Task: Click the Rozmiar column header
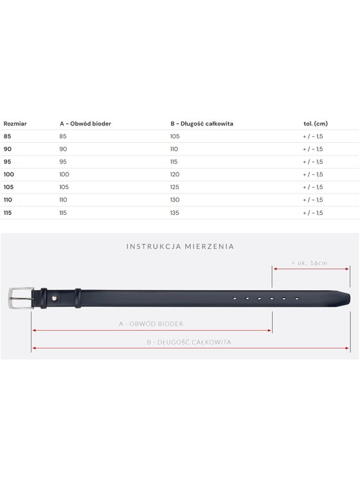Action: click(x=15, y=124)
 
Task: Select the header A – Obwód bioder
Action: click(x=85, y=124)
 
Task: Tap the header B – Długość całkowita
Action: click(x=202, y=124)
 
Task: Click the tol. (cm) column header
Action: click(x=316, y=124)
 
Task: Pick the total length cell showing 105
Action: click(x=175, y=136)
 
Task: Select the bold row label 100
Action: click(x=8, y=174)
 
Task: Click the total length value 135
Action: click(x=174, y=213)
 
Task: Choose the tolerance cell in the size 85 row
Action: click(x=312, y=136)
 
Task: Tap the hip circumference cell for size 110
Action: click(x=63, y=200)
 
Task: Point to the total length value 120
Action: click(x=175, y=174)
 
